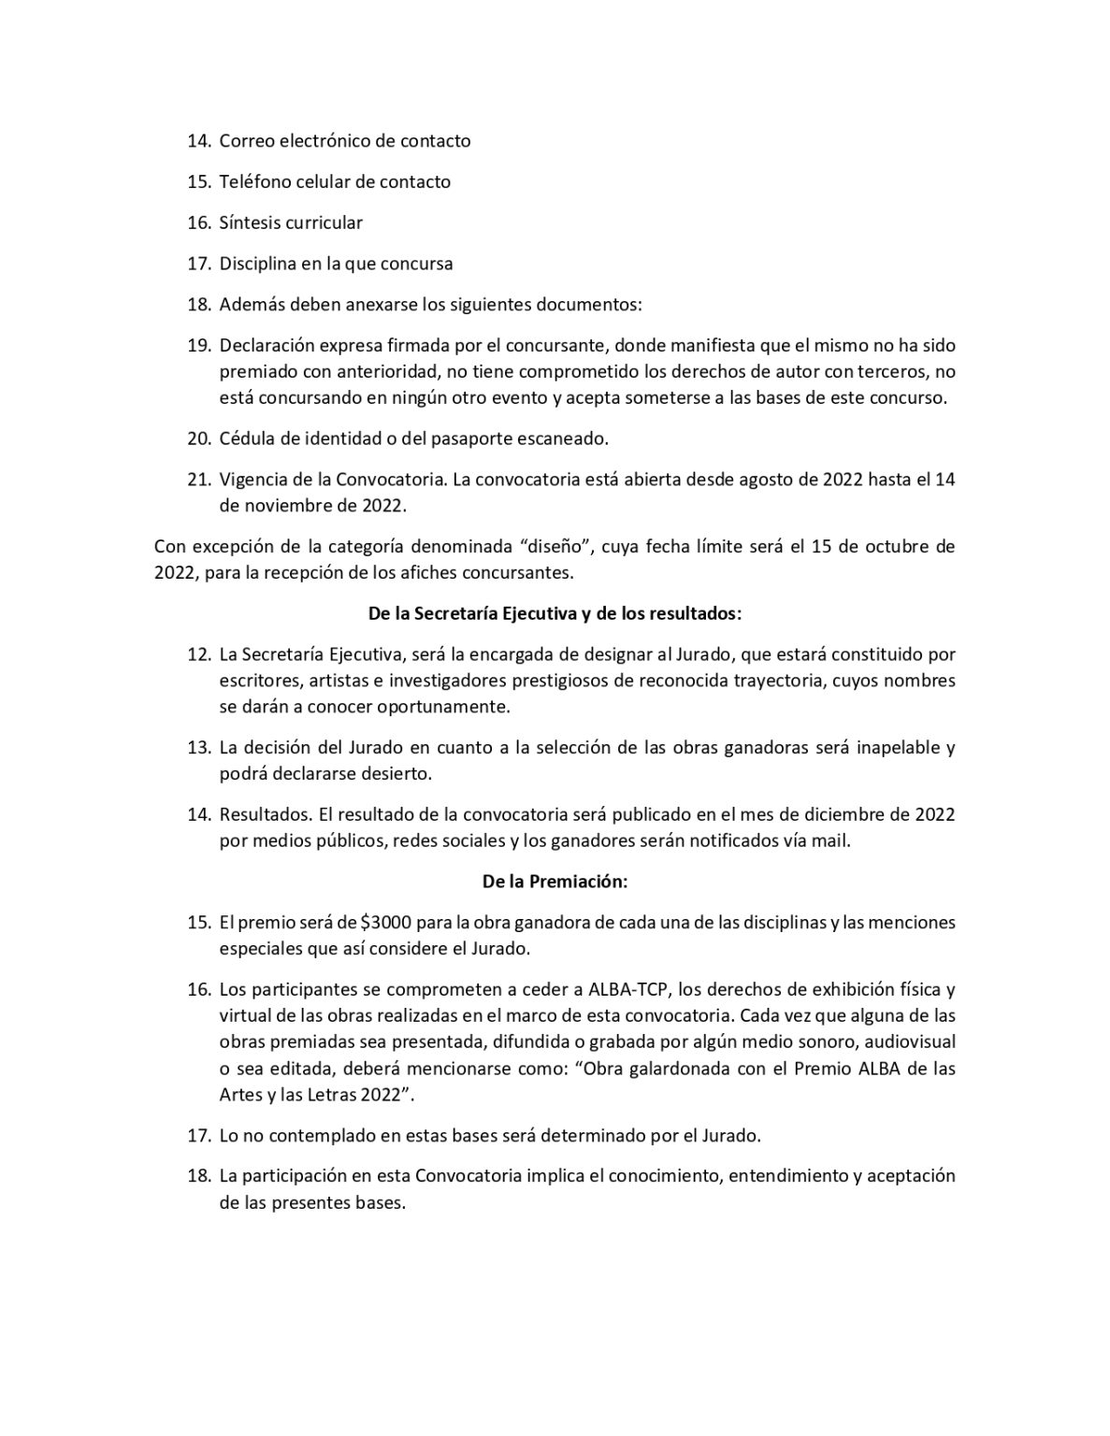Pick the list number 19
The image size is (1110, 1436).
pos(198,346)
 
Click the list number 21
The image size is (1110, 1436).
pos(198,480)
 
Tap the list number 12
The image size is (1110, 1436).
pos(198,654)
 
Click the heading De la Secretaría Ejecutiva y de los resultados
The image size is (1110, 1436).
pos(555,613)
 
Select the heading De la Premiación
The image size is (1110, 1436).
pos(555,882)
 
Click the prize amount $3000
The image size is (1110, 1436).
pos(386,923)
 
